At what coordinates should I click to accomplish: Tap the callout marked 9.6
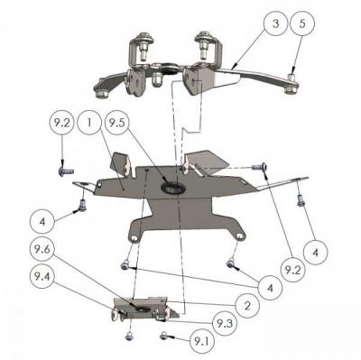coord(42,245)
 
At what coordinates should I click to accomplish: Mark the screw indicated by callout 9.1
coord(164,336)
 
